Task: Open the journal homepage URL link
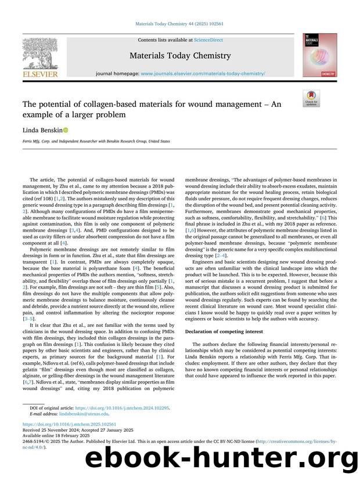203,74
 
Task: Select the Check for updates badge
311,98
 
